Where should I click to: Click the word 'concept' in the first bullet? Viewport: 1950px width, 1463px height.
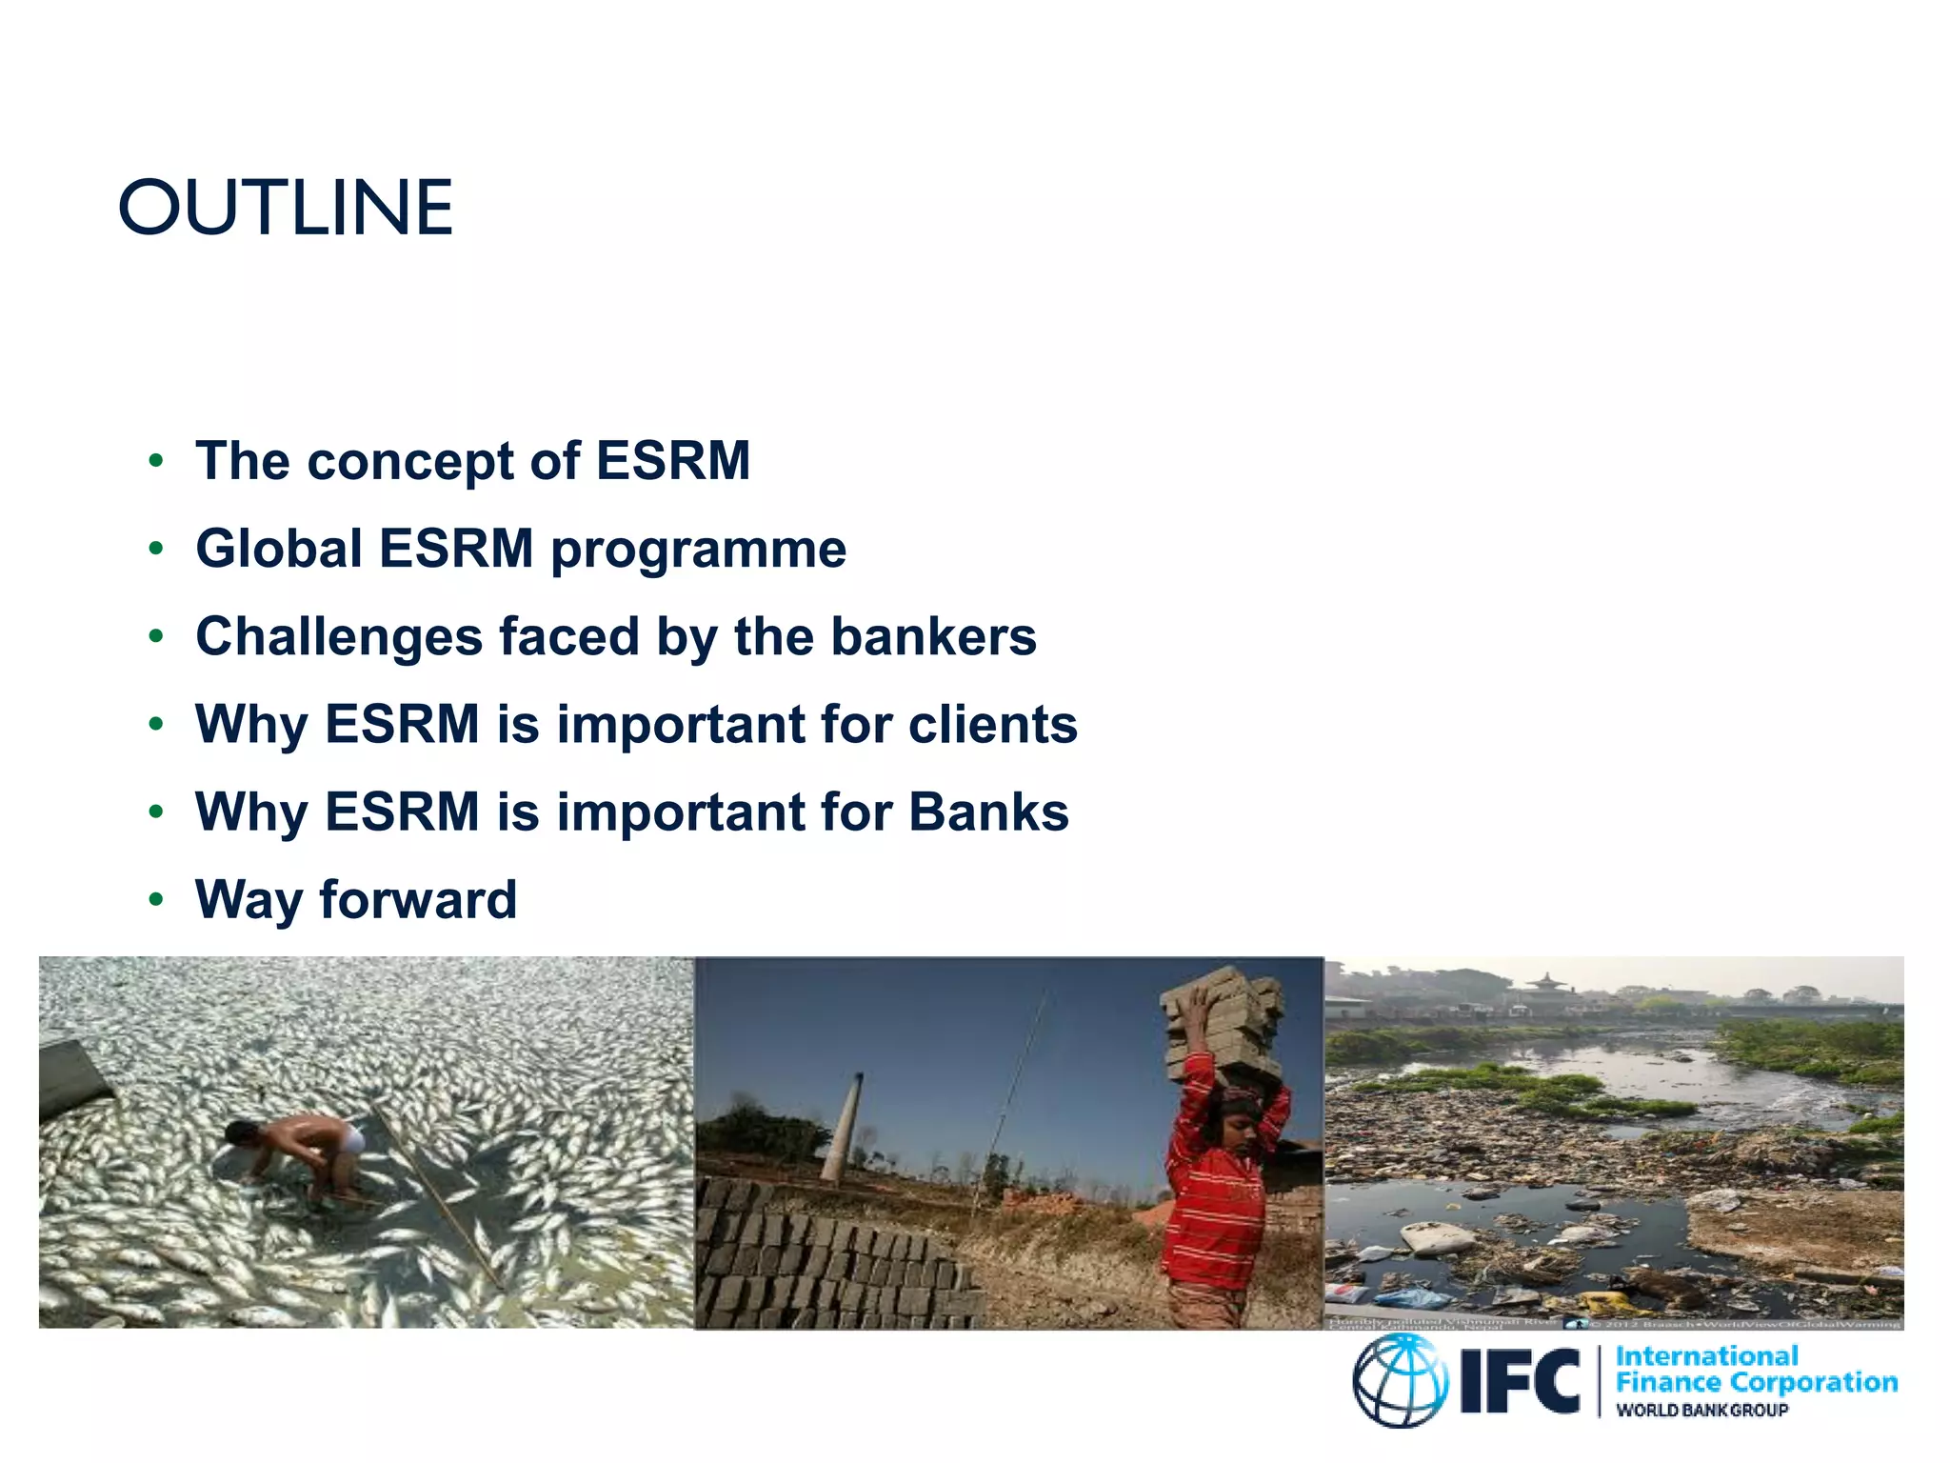coord(409,463)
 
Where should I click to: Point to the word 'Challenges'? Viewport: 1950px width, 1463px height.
coord(339,637)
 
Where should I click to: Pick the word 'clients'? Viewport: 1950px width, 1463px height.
coord(993,725)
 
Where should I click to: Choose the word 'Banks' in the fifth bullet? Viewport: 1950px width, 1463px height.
coord(988,812)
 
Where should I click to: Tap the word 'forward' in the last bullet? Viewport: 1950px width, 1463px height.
coord(418,900)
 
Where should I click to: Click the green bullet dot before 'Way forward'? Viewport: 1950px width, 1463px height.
coord(156,899)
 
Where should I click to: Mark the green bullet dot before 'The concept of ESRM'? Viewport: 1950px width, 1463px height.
coord(156,462)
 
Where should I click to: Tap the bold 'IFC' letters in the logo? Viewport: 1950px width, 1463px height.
coord(1521,1381)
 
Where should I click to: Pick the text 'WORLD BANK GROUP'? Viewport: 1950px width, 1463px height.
coord(1701,1411)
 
